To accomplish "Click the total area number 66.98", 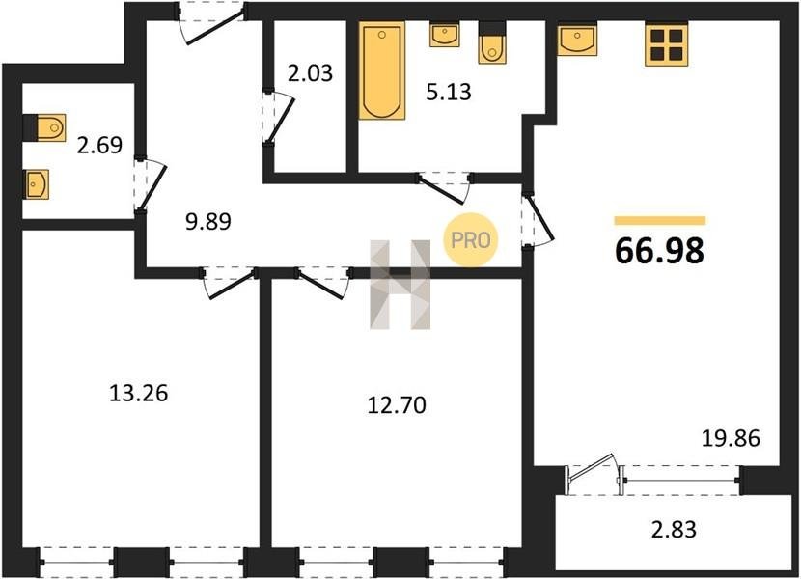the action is pos(659,250).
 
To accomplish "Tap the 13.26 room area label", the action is pos(138,394).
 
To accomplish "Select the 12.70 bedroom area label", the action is pos(397,405).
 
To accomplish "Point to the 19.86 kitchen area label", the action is pos(731,438).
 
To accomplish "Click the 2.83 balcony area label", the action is pos(674,530).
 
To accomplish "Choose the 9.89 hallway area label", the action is pos(207,221).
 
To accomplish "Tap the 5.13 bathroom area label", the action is pos(449,92).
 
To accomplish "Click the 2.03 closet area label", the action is pos(310,73).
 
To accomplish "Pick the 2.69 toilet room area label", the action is pos(99,145).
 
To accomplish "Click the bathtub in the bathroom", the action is pos(381,70).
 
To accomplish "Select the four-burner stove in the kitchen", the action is pos(666,44).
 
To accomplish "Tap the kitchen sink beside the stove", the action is pos(577,39).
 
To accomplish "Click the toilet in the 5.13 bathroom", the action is pos(492,42).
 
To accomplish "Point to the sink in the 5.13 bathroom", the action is pos(444,34).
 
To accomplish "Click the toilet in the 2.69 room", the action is pos(44,127).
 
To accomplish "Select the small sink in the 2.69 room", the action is pos(37,184).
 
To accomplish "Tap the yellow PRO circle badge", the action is pos(471,240).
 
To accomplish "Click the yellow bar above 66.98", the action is pos(659,221).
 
